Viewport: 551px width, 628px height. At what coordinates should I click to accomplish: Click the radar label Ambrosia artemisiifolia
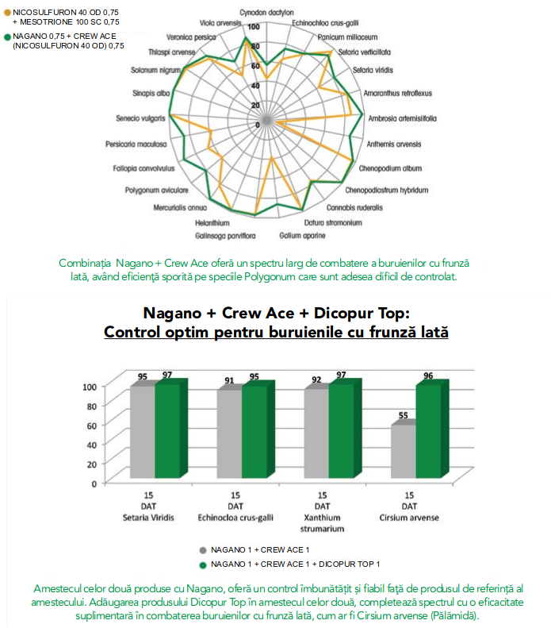[x=402, y=118]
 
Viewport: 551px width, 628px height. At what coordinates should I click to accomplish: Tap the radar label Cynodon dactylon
[x=266, y=13]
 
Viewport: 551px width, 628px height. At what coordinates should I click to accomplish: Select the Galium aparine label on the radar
[x=302, y=236]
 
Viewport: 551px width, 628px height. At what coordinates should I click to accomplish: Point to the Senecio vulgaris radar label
[x=140, y=118]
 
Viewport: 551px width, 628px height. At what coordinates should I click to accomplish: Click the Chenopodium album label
[x=390, y=168]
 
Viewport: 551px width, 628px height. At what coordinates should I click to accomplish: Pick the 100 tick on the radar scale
[x=254, y=27]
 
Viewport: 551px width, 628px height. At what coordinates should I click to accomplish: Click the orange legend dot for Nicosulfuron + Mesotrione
[x=7, y=13]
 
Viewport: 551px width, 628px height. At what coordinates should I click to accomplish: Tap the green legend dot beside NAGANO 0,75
[x=7, y=37]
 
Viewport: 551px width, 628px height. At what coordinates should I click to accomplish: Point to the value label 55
[x=403, y=415]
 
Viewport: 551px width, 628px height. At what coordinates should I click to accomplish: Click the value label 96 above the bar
[x=428, y=376]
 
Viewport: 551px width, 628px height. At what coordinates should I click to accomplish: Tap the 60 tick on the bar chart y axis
[x=91, y=426]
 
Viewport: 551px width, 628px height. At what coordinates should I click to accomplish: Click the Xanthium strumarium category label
[x=323, y=523]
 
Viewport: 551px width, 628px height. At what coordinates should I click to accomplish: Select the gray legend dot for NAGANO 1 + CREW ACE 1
[x=203, y=550]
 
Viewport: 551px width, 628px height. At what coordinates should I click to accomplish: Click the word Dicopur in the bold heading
[x=341, y=313]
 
